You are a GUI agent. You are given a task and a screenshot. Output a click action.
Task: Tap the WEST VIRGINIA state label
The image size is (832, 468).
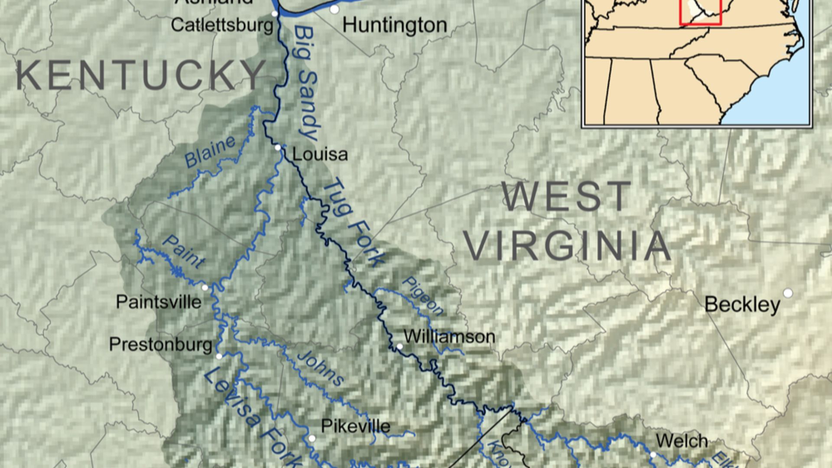568,221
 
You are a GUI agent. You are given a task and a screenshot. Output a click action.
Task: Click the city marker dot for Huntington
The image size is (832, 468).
334,9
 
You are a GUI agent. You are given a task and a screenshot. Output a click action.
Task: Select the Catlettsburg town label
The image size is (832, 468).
222,25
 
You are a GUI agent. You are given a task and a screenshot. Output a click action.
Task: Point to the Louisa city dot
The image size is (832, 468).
278,148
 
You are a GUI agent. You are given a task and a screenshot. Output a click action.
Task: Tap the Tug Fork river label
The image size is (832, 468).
353,223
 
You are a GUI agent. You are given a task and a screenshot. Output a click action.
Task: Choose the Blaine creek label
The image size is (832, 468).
210,152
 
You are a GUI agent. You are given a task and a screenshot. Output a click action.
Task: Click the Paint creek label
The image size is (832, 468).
183,251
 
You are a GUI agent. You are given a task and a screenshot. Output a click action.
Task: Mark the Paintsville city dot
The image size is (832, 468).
205,287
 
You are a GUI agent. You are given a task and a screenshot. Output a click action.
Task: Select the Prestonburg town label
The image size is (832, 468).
160,344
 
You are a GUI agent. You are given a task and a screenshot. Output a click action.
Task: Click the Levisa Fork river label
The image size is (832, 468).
251,416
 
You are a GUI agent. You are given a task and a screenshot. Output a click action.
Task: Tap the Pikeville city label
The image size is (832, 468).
355,426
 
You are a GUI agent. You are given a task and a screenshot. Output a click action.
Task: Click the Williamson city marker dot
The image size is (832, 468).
400,346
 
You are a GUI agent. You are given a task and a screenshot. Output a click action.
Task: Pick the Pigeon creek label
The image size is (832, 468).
422,296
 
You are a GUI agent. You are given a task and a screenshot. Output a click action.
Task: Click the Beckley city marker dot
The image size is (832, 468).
788,293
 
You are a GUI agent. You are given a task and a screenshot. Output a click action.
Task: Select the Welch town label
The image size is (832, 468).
682,441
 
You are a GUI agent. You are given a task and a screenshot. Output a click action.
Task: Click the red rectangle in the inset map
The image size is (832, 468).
701,23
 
